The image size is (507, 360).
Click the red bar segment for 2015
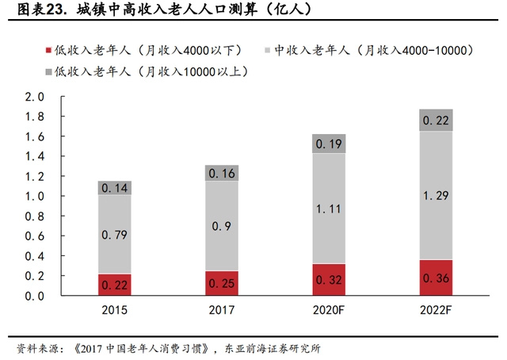[115, 285]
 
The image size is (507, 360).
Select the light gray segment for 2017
[221, 226]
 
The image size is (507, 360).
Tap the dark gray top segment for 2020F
[328, 144]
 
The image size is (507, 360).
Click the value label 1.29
[436, 195]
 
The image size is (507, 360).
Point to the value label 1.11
[328, 208]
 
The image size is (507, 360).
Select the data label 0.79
[115, 234]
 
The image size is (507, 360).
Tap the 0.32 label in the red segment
[328, 280]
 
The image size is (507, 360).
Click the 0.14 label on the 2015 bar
[115, 189]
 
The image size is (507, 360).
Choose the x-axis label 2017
[221, 311]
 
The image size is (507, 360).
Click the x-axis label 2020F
[328, 311]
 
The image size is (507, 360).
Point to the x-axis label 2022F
[436, 311]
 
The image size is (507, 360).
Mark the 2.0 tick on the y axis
[35, 97]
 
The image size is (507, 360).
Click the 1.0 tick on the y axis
[35, 197]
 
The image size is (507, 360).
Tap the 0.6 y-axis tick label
[35, 236]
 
